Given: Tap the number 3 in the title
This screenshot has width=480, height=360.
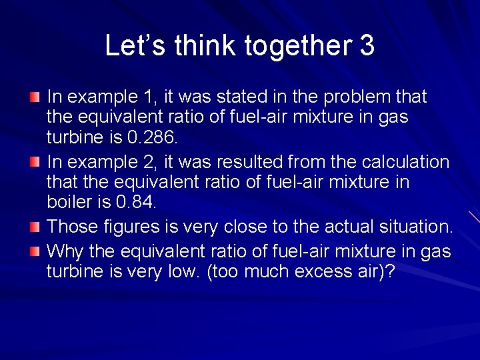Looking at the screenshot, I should point(367,45).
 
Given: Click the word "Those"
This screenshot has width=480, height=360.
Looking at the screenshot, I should point(70,227).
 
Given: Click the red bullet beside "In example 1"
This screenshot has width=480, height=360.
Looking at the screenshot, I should point(35,98).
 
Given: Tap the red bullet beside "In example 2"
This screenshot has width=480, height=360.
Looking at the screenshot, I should point(35,163).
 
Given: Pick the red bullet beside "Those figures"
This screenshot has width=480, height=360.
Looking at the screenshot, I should point(35,227).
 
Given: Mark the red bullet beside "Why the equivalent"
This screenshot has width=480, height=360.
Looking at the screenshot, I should point(35,253).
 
